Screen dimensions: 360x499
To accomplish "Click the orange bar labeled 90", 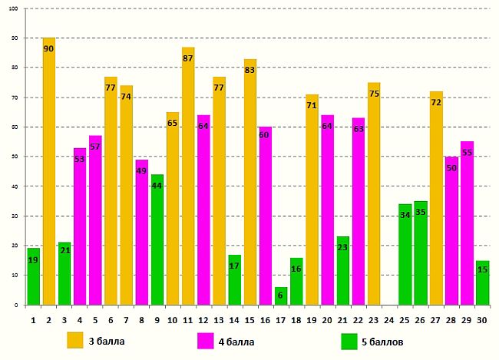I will (48, 171).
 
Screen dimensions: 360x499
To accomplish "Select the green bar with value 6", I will (281, 296).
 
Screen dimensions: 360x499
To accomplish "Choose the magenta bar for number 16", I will (266, 216).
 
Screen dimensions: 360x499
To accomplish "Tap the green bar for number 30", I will (482, 283).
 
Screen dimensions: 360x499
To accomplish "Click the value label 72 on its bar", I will (436, 102).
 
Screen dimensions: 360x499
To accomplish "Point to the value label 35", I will (421, 213).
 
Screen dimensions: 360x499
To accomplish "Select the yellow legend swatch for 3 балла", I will (74, 339).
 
